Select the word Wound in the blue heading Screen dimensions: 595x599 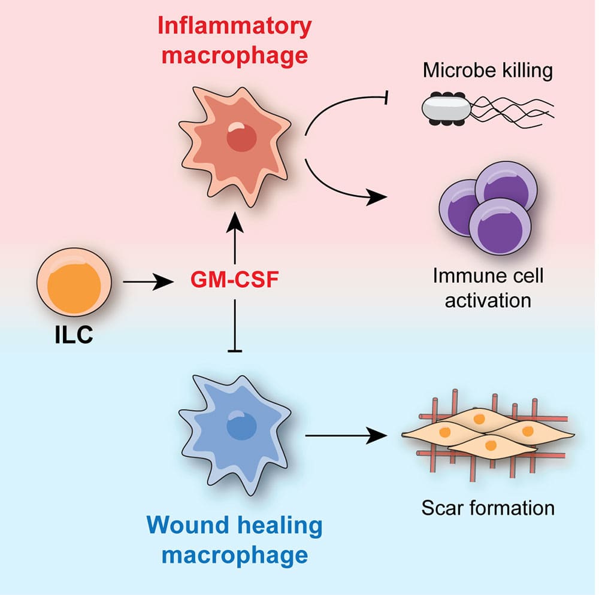pyautogui.click(x=183, y=526)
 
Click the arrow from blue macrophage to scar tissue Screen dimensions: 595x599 pyautogui.click(x=344, y=436)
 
